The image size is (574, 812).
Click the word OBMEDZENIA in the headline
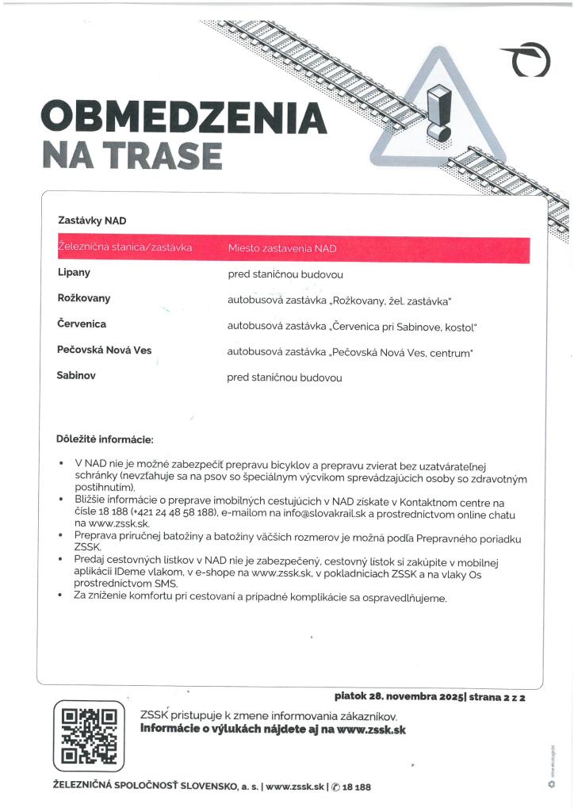[x=183, y=118]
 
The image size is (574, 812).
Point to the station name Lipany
[x=74, y=272]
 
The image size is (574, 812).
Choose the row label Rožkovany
[x=83, y=298]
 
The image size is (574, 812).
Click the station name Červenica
[x=82, y=324]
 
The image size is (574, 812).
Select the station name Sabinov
[x=77, y=375]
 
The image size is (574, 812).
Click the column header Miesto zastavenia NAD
[x=282, y=248]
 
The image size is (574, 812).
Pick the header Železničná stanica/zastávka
[x=125, y=248]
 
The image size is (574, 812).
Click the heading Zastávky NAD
[x=92, y=220]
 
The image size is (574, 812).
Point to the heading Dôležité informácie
[x=104, y=439]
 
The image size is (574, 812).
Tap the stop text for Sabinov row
[x=285, y=377]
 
